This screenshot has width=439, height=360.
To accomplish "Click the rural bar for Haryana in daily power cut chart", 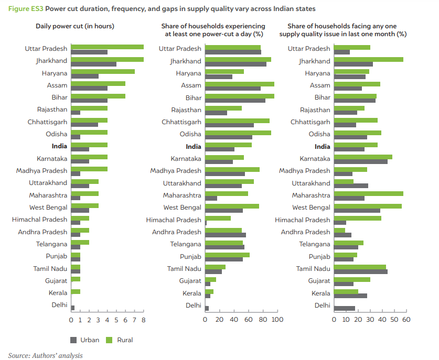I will tap(103, 71).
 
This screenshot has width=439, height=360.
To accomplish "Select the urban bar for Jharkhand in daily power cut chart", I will tap(94, 64).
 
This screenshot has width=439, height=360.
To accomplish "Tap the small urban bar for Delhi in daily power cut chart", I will tap(73, 308).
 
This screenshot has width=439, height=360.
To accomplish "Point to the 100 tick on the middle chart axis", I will tap(277, 319).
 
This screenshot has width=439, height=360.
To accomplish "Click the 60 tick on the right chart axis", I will tap(405, 319).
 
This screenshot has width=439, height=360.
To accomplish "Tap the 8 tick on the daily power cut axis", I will tap(143, 319).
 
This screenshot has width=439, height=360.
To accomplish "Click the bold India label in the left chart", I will tap(59, 146).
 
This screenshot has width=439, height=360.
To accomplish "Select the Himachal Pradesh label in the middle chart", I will tap(174, 220).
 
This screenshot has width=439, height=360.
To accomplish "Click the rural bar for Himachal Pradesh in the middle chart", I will tap(218, 218).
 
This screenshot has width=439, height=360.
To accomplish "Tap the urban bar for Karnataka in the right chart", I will tap(361, 161).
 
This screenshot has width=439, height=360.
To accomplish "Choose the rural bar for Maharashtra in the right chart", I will tap(369, 193).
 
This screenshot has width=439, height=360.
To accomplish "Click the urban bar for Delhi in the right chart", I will tap(345, 308).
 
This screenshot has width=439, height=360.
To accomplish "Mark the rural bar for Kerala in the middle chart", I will tap(209, 291).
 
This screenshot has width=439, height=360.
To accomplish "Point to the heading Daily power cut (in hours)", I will tap(75, 26).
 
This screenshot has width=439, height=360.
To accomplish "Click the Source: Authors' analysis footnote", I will tap(45, 355).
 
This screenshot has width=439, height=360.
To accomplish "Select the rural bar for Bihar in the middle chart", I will tap(240, 96).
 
